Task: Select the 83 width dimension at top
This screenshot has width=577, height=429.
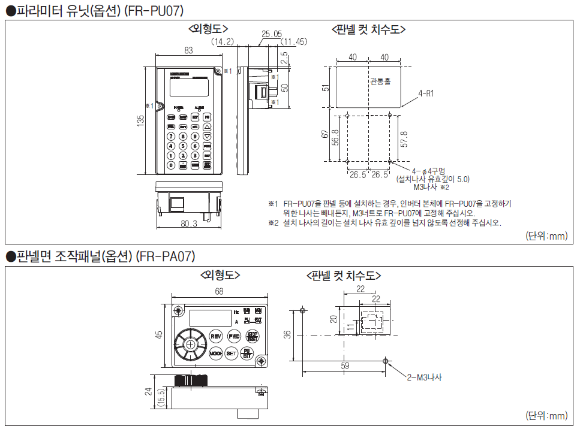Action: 189,51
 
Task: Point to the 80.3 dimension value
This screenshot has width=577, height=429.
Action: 189,223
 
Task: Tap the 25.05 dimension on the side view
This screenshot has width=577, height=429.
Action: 272,34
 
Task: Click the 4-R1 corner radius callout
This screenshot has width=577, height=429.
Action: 426,93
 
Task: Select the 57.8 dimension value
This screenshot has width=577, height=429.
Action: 404,138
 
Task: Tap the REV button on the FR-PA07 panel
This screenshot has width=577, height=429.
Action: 217,336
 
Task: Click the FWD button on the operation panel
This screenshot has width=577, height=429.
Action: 234,336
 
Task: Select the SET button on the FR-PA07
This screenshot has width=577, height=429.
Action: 232,354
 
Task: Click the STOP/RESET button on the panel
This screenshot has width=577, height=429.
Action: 252,336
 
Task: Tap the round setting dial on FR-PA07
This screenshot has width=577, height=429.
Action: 191,345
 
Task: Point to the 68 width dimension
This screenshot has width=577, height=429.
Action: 218,291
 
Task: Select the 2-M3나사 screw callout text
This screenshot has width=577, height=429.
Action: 424,377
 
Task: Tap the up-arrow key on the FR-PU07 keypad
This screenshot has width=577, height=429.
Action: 207,127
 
